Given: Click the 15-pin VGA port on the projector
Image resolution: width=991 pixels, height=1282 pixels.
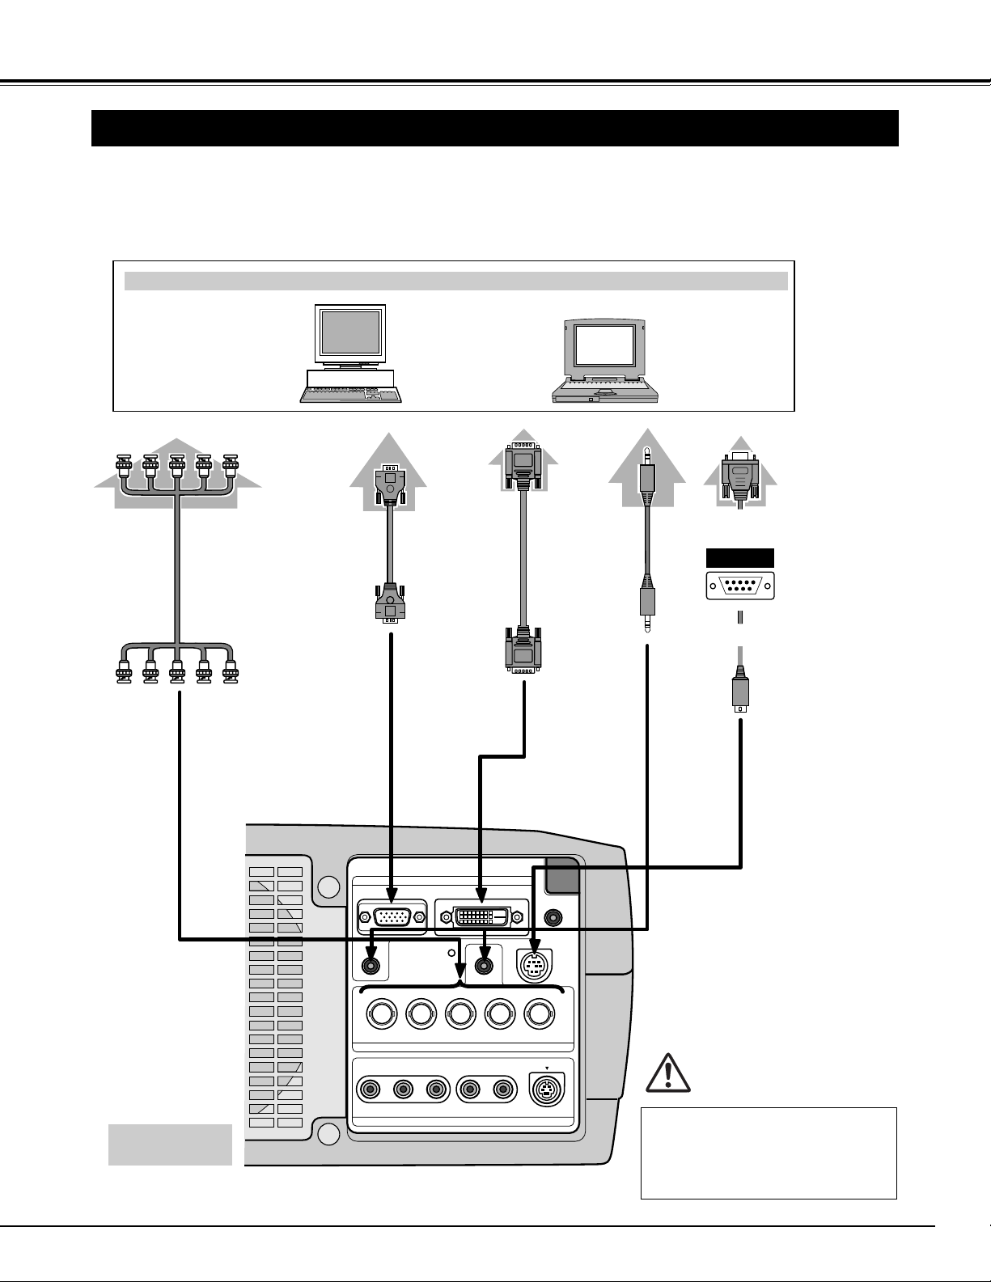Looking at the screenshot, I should [x=392, y=917].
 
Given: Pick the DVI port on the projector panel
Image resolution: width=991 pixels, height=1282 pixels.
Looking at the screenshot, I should [x=482, y=917].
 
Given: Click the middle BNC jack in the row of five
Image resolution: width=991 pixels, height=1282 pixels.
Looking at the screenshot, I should [x=460, y=1013].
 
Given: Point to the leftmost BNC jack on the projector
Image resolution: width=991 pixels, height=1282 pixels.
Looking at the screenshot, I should [x=382, y=1013].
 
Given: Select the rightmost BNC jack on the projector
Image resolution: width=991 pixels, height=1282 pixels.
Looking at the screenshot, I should [x=540, y=1013].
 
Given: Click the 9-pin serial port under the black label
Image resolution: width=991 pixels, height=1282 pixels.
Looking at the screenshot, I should [x=740, y=585].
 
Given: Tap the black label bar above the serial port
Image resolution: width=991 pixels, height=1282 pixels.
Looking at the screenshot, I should [x=740, y=558].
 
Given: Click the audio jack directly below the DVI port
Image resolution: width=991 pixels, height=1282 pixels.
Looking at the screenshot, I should [x=484, y=965].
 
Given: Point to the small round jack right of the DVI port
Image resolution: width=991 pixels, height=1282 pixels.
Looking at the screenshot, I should [x=553, y=918].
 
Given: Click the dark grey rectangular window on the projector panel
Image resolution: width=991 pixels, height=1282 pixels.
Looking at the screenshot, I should [x=563, y=874].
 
